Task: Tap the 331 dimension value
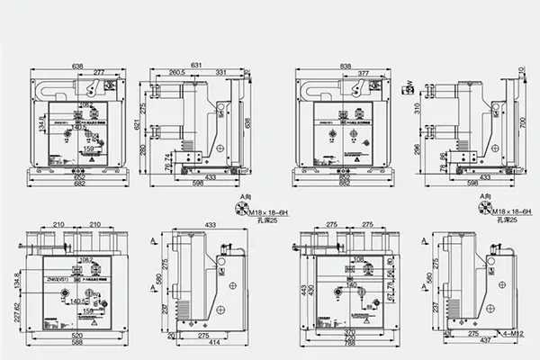tap(220, 73)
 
